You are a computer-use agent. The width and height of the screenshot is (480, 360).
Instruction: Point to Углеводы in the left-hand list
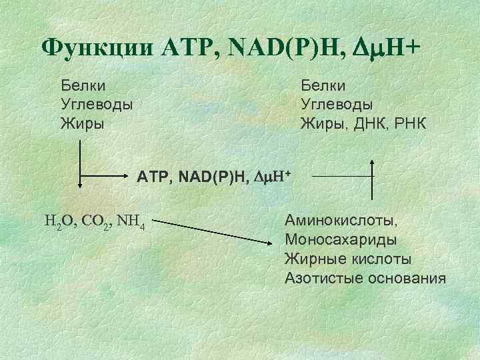tap(97, 104)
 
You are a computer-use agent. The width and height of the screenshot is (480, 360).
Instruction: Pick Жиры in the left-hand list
tap(77, 123)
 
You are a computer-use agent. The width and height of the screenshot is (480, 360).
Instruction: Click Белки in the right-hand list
tap(323, 85)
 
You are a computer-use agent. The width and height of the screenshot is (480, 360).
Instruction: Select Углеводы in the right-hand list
tap(337, 104)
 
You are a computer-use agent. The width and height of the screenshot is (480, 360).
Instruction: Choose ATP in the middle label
tap(153, 177)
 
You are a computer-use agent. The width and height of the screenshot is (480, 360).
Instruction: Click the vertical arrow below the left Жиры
tap(80, 167)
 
